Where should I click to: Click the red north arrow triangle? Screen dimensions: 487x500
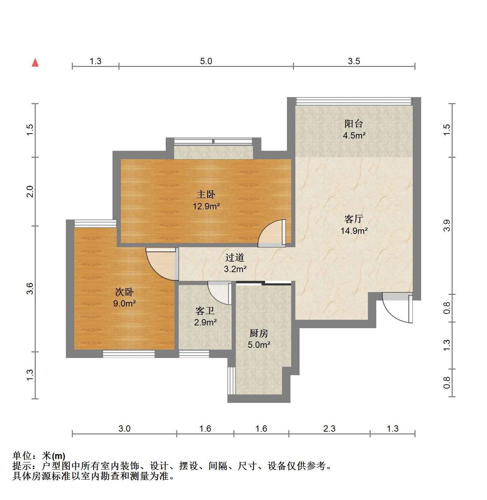tap(35, 63)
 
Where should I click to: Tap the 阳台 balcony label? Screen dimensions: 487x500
tap(354, 124)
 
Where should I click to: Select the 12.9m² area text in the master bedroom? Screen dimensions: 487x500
tap(206, 206)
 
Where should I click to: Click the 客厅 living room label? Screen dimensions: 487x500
tap(354, 219)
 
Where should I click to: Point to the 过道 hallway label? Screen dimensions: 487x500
tap(235, 257)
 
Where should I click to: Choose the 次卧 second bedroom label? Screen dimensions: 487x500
tap(124, 292)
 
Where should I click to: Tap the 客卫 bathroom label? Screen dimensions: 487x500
tap(205, 311)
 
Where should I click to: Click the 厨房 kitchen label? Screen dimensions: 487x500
tap(259, 333)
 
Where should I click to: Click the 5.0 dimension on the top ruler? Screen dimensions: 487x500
tap(206, 61)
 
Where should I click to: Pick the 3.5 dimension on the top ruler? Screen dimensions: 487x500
tap(354, 61)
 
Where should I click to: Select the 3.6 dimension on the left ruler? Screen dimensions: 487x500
tap(30, 289)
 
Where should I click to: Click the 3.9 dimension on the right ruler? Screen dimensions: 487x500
tap(447, 225)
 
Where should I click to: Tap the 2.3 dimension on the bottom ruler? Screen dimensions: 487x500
tap(329, 428)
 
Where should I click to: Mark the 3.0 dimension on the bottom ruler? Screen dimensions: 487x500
tap(124, 428)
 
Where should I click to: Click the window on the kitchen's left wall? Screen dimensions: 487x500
tap(232, 380)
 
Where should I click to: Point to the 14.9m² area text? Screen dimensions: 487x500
tap(354, 231)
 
